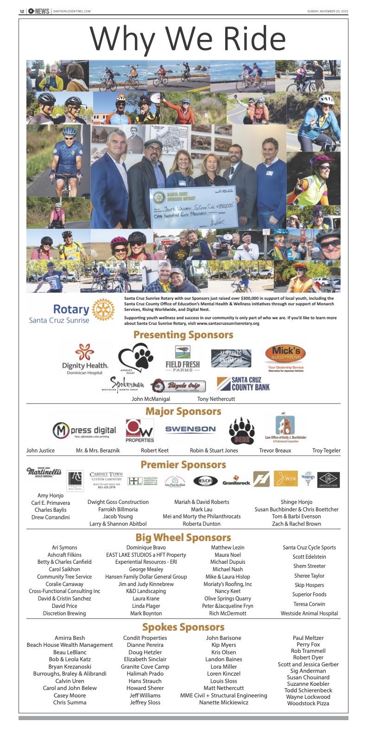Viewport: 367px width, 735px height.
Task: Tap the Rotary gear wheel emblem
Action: pyautogui.click(x=103, y=310)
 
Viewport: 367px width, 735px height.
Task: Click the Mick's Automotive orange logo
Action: pyautogui.click(x=285, y=355)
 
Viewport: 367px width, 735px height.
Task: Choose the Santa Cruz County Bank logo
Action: pyautogui.click(x=243, y=384)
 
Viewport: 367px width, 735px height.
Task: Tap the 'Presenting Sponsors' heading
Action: pyautogui.click(x=183, y=335)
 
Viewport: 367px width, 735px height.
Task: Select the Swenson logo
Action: pyautogui.click(x=190, y=429)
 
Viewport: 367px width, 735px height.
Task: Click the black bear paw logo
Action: pyautogui.click(x=242, y=431)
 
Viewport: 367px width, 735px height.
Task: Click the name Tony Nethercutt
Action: pyautogui.click(x=216, y=399)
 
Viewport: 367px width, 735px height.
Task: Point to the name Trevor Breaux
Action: pyautogui.click(x=275, y=450)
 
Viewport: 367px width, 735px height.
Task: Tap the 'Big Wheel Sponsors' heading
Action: pyautogui.click(x=183, y=537)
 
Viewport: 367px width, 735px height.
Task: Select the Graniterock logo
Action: pyautogui.click(x=236, y=481)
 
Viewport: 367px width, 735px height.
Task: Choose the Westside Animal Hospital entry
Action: pyautogui.click(x=309, y=613)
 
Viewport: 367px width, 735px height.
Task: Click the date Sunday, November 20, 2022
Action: pyautogui.click(x=327, y=11)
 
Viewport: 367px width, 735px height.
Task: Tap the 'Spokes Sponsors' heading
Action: pyautogui.click(x=183, y=627)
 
